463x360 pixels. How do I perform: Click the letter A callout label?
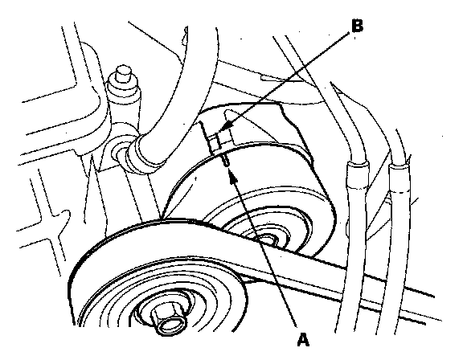[303, 340]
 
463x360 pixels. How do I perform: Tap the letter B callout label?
[357, 26]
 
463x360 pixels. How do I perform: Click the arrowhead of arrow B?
[226, 129]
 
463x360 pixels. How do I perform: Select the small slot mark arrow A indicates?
[227, 160]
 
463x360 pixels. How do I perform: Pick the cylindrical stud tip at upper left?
[123, 73]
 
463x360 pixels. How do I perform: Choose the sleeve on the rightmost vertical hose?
[399, 179]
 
